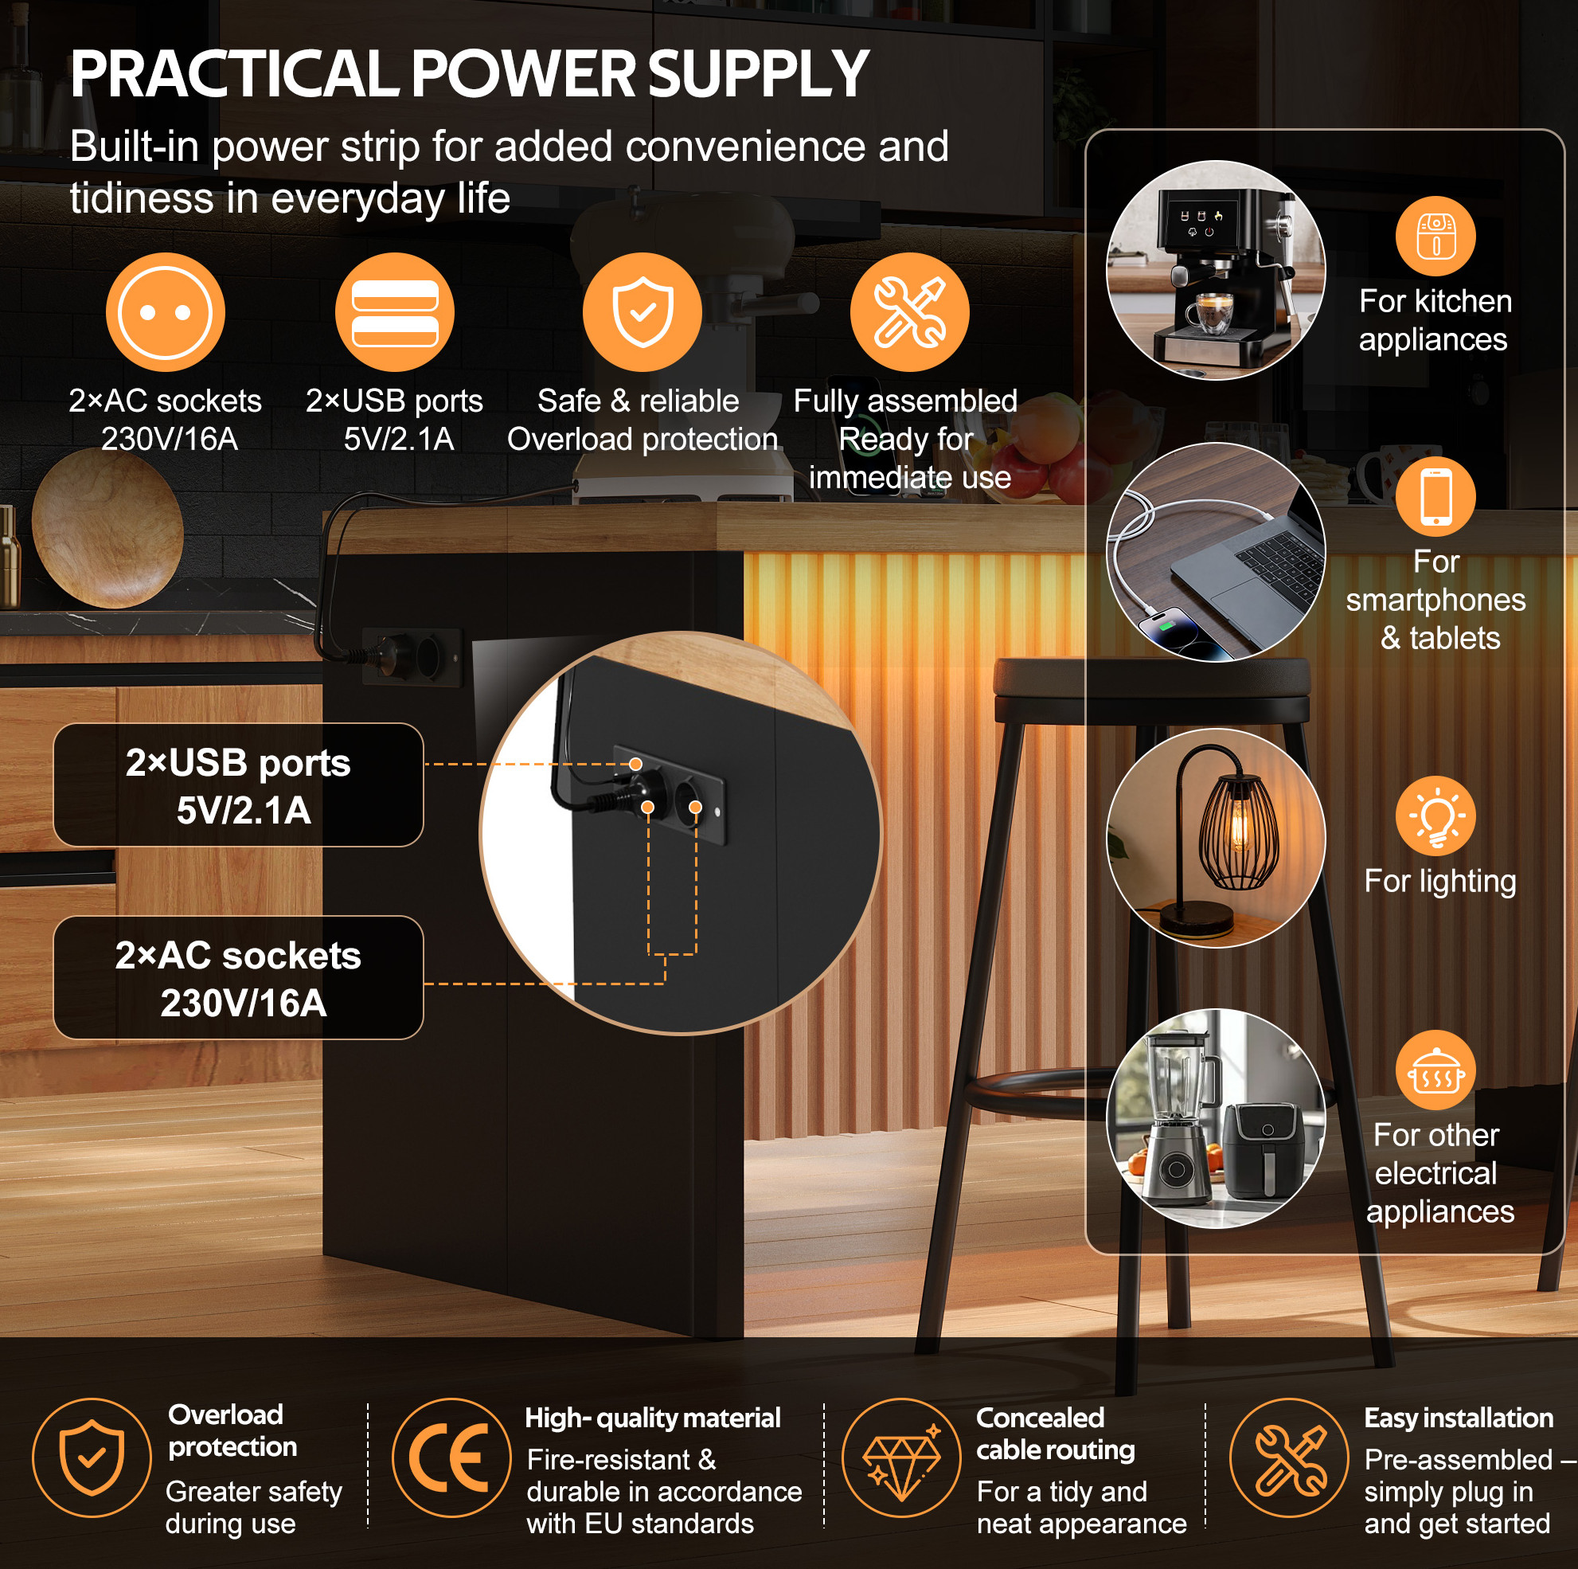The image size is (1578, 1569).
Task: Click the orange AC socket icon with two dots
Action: (166, 312)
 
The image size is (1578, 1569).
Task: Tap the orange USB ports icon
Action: (396, 312)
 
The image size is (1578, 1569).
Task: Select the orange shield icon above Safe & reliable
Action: (642, 312)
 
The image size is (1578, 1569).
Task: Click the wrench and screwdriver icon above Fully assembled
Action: (910, 312)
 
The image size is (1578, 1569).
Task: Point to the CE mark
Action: (451, 1457)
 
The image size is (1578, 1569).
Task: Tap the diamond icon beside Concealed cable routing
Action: (902, 1457)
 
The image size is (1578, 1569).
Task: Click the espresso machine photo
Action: (1216, 270)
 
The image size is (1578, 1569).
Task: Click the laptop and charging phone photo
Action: (1216, 553)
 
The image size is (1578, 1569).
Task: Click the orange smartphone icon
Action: (1435, 497)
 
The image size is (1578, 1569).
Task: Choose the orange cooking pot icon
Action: (1435, 1070)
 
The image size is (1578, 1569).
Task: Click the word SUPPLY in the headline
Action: (758, 73)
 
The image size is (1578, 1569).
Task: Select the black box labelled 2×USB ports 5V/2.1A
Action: (239, 785)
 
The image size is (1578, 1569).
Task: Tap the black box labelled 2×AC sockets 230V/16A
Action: (239, 978)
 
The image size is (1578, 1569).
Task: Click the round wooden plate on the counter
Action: (107, 528)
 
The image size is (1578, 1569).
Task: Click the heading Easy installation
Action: (1459, 1418)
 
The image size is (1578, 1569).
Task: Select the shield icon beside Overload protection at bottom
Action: (92, 1457)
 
